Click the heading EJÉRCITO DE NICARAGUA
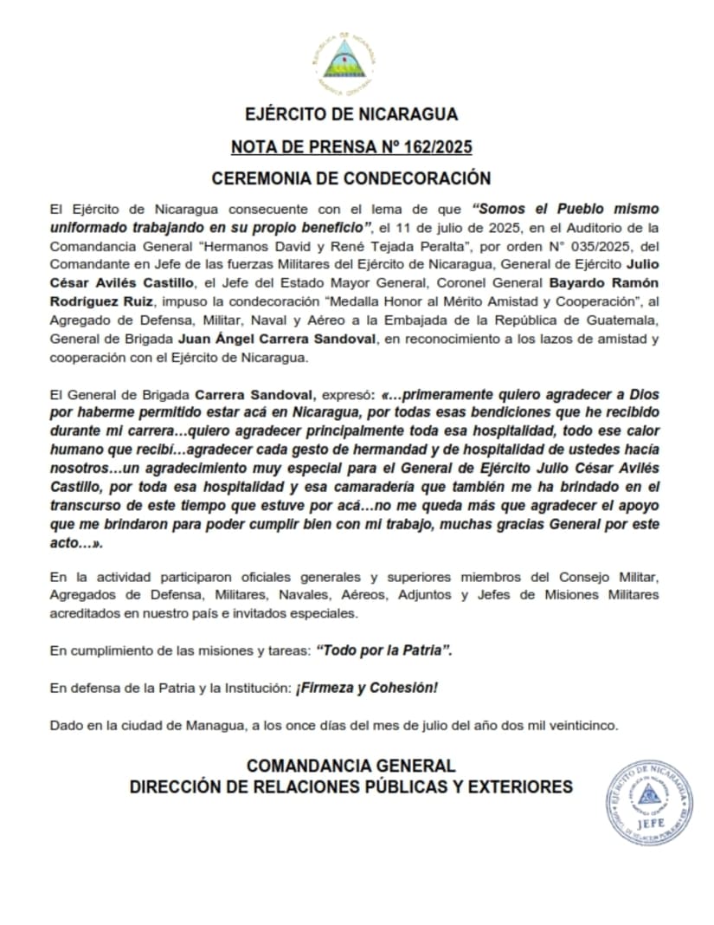click(x=351, y=114)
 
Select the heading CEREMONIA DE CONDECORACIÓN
click(x=351, y=178)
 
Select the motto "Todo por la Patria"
click(x=384, y=650)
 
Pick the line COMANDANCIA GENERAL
click(x=351, y=766)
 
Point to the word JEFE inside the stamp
click(x=649, y=822)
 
